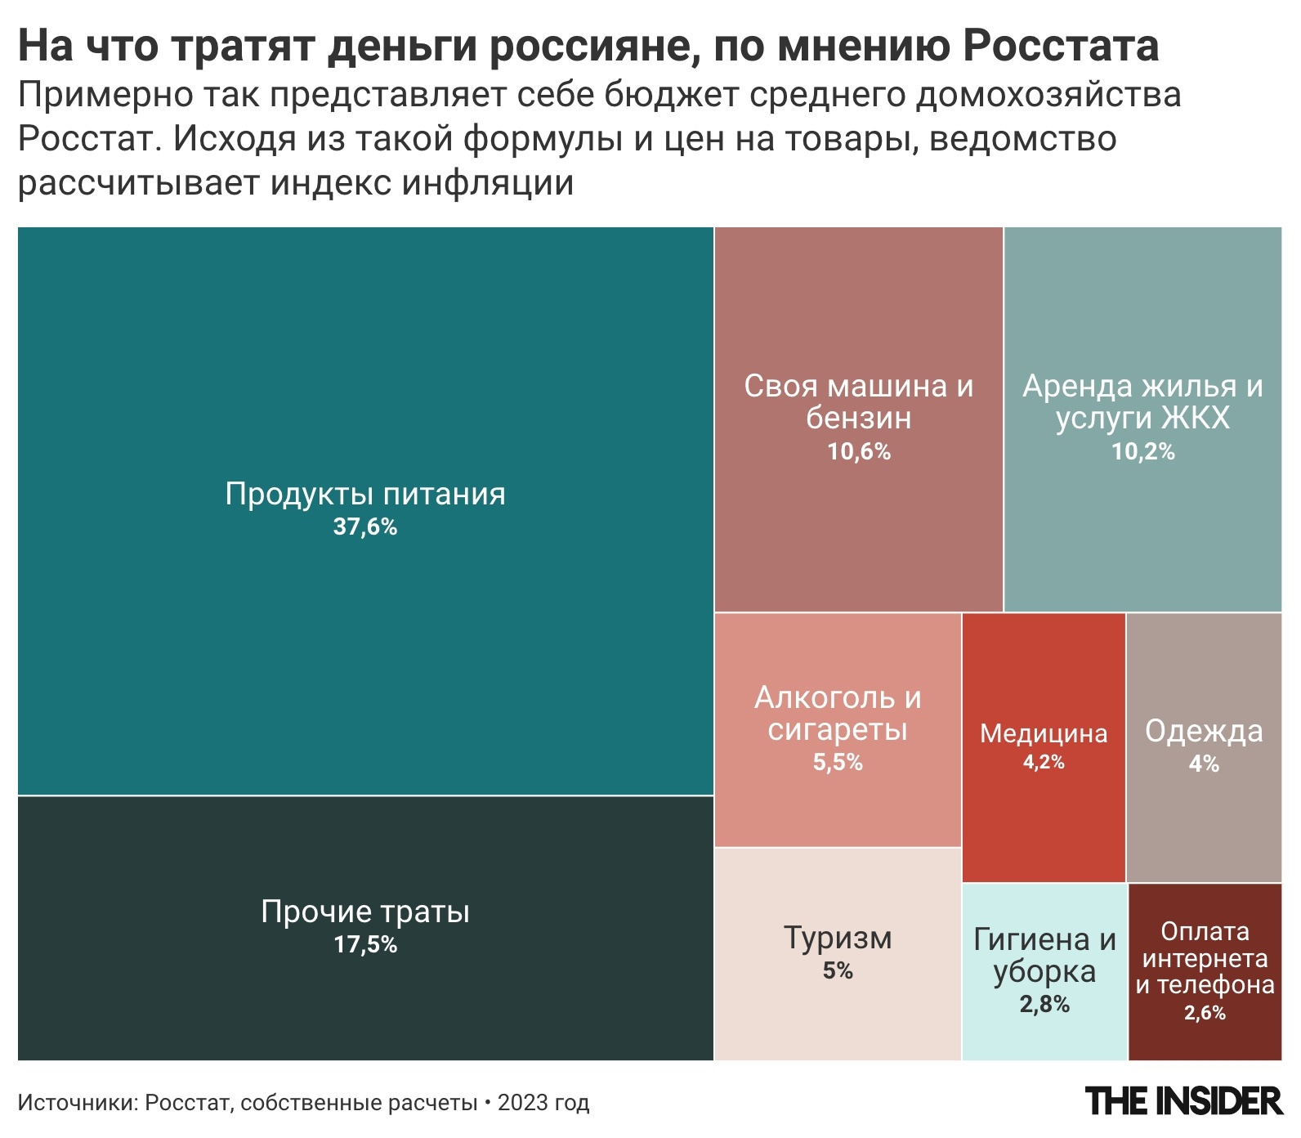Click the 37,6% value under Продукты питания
(364, 526)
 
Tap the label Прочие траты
(364, 911)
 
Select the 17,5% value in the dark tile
(364, 945)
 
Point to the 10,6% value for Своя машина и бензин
(858, 451)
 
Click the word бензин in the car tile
(858, 418)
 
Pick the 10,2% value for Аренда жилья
(1142, 451)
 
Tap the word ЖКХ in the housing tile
(1195, 418)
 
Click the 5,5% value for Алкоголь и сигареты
(838, 762)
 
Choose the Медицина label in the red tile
(1044, 733)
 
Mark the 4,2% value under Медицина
(1044, 762)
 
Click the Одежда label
(1204, 731)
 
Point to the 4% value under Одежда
(1204, 764)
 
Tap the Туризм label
(838, 937)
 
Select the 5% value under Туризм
(838, 971)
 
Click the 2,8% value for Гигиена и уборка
(1044, 1004)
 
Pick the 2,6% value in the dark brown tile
(1205, 1013)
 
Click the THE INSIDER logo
(1183, 1101)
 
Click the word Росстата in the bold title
(1060, 47)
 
